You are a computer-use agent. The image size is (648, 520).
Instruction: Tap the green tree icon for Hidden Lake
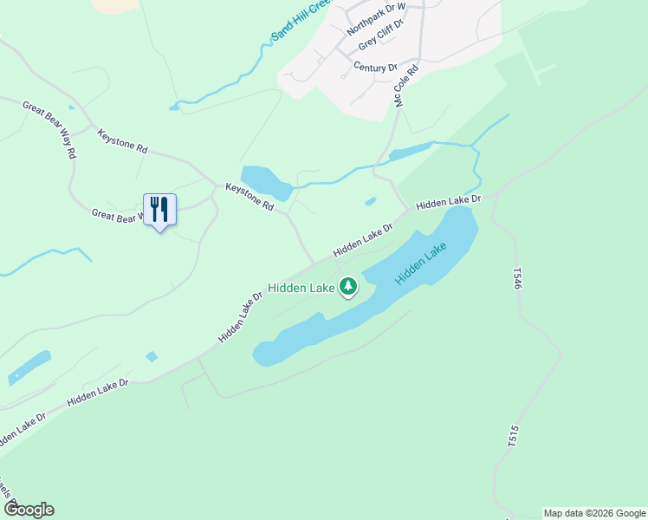coord(348,286)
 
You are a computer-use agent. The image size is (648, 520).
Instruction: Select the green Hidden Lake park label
coord(301,288)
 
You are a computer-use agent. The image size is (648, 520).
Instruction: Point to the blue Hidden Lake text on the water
coord(421,264)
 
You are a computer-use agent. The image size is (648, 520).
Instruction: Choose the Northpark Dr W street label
coord(376,18)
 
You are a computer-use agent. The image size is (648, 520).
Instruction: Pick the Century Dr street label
coord(375,67)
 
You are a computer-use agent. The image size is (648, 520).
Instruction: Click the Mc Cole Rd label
coord(406,83)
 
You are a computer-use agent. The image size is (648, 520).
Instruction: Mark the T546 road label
coord(517,279)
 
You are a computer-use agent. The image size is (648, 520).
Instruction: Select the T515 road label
coord(512,436)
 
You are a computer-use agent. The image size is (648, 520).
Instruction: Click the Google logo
coord(29,510)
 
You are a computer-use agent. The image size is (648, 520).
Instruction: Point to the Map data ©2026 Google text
coord(594,513)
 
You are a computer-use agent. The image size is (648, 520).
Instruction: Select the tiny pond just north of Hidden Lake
coord(371,202)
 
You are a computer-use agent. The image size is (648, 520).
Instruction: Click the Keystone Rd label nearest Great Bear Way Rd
coord(122,141)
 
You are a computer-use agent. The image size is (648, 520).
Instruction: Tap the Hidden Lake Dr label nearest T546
coord(448,203)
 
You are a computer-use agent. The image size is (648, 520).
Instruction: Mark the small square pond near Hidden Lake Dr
coord(152,356)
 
